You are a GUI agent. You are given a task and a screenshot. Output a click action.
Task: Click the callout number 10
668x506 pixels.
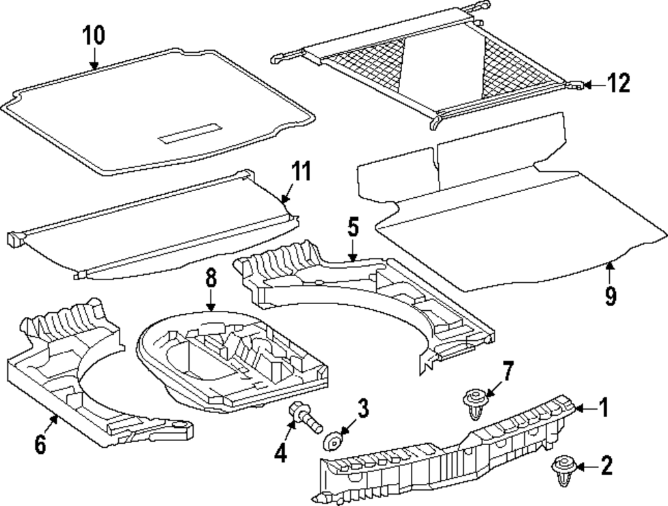tap(94, 36)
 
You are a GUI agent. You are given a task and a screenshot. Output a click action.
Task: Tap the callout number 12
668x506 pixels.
tap(618, 84)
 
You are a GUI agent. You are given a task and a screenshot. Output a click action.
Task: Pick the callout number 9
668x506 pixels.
tap(610, 295)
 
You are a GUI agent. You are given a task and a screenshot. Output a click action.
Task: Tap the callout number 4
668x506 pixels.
tap(280, 454)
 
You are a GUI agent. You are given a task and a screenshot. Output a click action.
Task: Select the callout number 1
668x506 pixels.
tap(603, 407)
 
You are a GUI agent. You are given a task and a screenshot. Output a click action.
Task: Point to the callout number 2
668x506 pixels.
tap(606, 465)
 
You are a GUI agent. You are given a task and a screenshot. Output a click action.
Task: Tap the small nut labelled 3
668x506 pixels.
tap(333, 442)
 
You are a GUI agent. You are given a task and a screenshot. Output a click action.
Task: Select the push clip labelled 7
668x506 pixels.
tap(473, 403)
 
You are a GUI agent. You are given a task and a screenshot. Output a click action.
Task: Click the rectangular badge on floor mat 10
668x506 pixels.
tap(189, 134)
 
